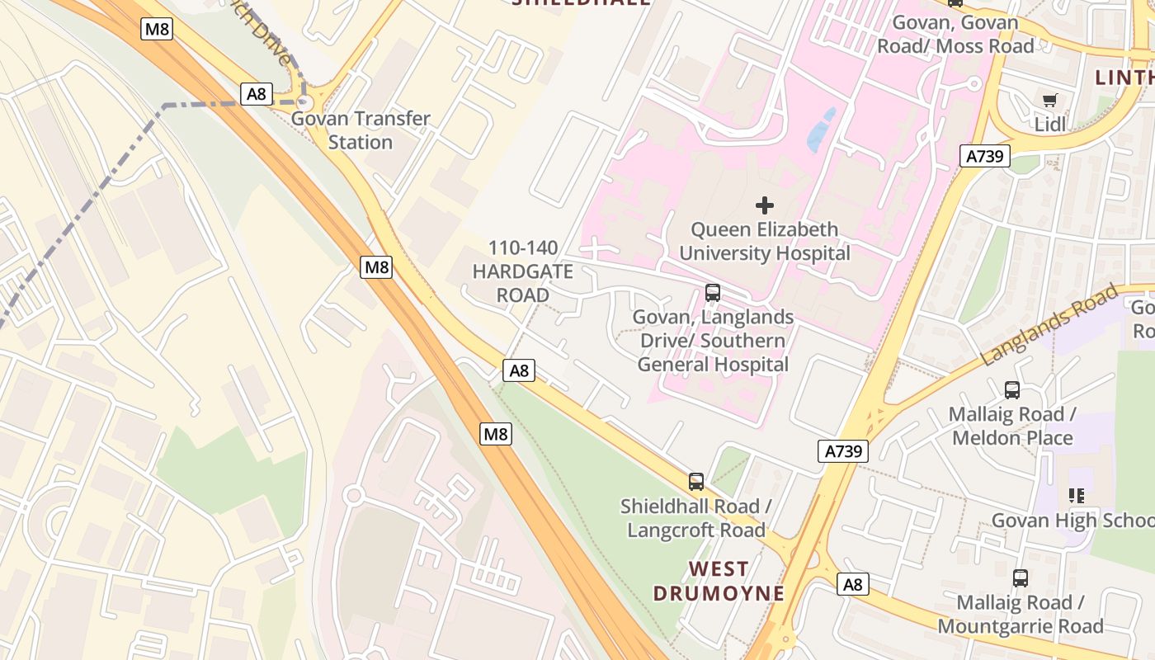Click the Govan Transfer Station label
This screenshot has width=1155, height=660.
click(361, 130)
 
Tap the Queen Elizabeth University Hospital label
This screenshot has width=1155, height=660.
click(764, 241)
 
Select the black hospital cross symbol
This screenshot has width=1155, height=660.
click(765, 205)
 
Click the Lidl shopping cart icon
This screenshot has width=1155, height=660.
click(1049, 101)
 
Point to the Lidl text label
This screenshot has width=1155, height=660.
click(1050, 125)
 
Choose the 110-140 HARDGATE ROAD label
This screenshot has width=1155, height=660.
click(523, 271)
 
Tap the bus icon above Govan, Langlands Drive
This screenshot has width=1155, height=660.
click(713, 292)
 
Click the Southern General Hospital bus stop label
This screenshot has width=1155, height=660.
click(713, 341)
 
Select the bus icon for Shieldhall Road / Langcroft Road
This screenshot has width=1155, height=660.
click(696, 482)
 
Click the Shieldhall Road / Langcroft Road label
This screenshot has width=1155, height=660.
click(696, 518)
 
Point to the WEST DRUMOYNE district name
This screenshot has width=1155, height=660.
click(718, 581)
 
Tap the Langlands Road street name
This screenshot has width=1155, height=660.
click(1049, 325)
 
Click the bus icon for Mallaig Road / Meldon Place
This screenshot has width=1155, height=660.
click(1012, 390)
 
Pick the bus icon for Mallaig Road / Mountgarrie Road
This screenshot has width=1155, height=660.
click(1021, 578)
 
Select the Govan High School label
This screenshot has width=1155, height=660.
click(1072, 521)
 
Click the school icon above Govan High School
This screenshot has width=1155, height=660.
click(1077, 496)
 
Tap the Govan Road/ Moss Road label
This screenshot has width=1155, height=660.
click(955, 35)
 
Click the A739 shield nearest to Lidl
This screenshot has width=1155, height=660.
click(985, 156)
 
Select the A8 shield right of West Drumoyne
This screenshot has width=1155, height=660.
click(853, 584)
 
